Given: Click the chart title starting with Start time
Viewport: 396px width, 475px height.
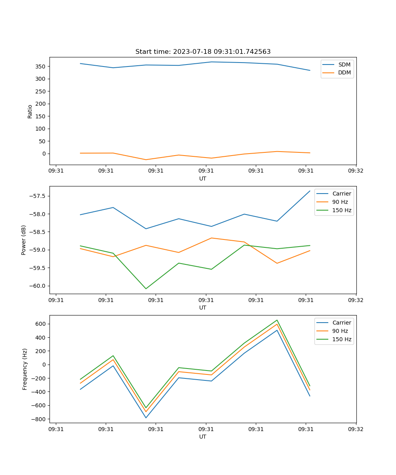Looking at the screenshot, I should point(203,52).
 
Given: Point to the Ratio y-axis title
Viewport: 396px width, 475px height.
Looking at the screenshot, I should point(30,112).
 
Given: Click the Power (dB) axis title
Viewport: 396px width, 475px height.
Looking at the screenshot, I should point(24,240).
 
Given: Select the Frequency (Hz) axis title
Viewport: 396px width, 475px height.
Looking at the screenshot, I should point(25,369).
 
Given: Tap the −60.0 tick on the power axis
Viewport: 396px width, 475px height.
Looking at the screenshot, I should point(36,286).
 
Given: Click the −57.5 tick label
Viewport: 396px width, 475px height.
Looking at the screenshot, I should point(36,196).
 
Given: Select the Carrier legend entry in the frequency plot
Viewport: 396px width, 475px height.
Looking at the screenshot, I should point(341,323).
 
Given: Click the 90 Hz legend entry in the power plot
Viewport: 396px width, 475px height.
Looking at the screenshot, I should point(340,202).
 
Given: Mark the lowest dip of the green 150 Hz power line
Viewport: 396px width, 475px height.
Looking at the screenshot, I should point(146,289).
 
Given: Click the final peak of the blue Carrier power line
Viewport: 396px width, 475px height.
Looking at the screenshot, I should point(310,191).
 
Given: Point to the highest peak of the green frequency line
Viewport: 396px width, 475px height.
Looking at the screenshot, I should point(277,320).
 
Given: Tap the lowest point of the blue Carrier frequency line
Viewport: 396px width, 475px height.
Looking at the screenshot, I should point(146,418).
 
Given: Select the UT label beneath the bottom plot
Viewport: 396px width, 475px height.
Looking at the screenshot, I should point(203,437).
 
